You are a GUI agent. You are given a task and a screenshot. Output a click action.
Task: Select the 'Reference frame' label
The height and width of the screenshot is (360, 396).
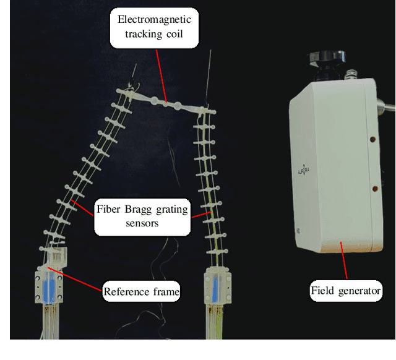tap(141, 290)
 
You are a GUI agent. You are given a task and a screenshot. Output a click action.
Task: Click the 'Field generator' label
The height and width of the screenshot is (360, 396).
tap(346, 289)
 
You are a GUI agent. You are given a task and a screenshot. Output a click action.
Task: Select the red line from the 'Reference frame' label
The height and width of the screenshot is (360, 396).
tap(77, 276)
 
